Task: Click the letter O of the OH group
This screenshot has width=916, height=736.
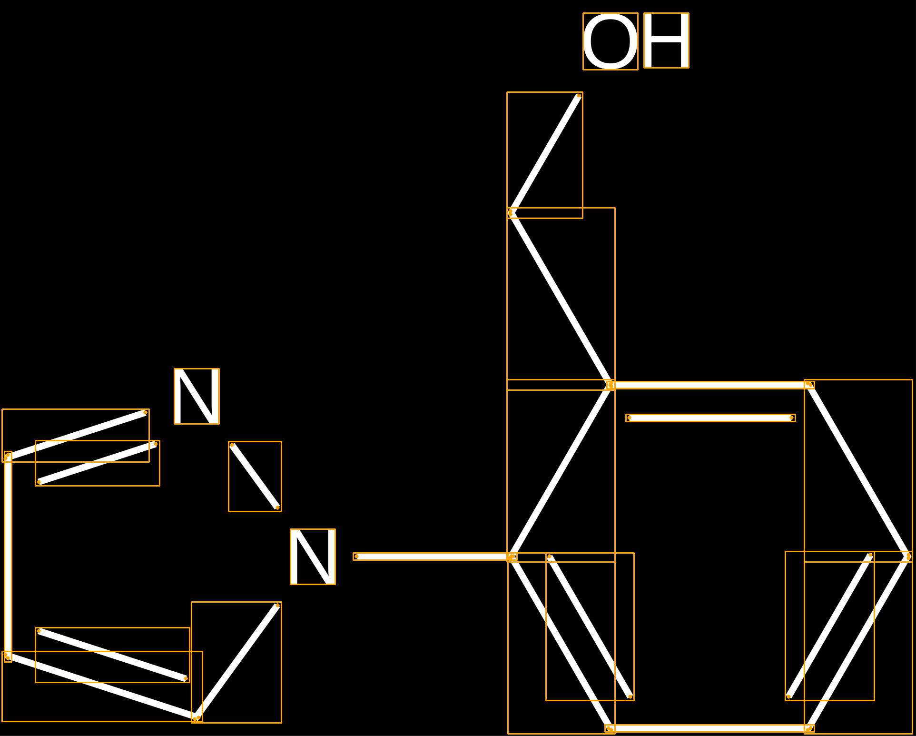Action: point(611,41)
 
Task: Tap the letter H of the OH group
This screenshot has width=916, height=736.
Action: point(666,40)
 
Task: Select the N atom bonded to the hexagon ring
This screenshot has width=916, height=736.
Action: point(313,557)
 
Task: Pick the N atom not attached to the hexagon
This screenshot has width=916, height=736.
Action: point(197,396)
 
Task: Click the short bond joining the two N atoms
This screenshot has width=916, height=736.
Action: point(255,477)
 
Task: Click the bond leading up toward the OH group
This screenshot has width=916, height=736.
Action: point(545,155)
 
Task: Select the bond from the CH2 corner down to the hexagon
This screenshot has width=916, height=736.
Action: point(561,298)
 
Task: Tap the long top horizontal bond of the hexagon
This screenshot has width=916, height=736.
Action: point(710,385)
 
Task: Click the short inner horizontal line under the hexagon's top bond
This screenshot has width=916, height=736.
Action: point(710,418)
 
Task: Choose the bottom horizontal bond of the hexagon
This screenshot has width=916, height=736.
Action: point(709,728)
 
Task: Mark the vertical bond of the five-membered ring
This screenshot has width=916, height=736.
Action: point(8,557)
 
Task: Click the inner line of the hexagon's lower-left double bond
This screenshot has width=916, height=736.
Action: point(590,627)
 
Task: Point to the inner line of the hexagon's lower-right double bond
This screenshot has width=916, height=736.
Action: point(830,626)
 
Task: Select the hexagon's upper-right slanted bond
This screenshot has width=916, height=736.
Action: point(858,471)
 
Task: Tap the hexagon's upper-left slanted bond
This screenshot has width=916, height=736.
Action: point(561,471)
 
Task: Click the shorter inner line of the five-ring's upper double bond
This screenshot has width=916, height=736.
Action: point(98,463)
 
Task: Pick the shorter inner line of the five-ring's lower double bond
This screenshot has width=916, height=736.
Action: point(112,655)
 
